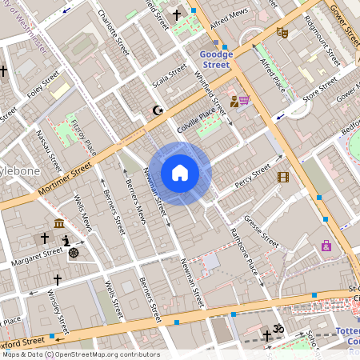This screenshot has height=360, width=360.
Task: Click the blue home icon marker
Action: [x=180, y=173]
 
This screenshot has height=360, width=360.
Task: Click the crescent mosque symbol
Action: [x=157, y=110]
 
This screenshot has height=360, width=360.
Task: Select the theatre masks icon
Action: [x=281, y=33]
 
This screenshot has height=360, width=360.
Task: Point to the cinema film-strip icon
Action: [x=282, y=177]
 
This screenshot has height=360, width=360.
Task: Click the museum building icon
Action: [x=59, y=223]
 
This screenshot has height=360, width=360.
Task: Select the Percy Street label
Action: [x=254, y=178]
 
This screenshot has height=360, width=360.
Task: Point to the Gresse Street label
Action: [x=261, y=230]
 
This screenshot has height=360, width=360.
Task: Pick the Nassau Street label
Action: [x=50, y=152]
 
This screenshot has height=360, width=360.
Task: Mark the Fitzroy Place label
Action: [x=84, y=137]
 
